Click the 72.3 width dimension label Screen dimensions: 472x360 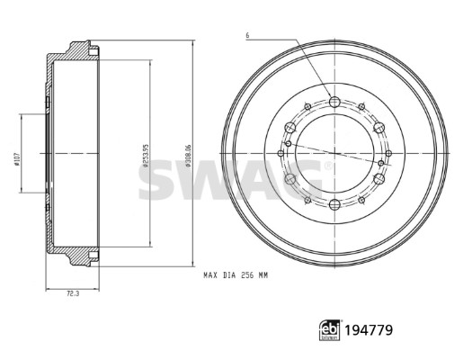point(73,294)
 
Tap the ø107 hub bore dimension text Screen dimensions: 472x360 point(17,158)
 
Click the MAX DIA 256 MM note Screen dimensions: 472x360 point(236,275)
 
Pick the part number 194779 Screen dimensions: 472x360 point(369,330)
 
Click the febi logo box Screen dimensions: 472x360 point(330,330)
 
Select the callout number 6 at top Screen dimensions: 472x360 point(247,35)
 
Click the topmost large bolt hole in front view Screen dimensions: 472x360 point(334,102)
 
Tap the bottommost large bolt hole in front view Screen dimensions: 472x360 point(334,205)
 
